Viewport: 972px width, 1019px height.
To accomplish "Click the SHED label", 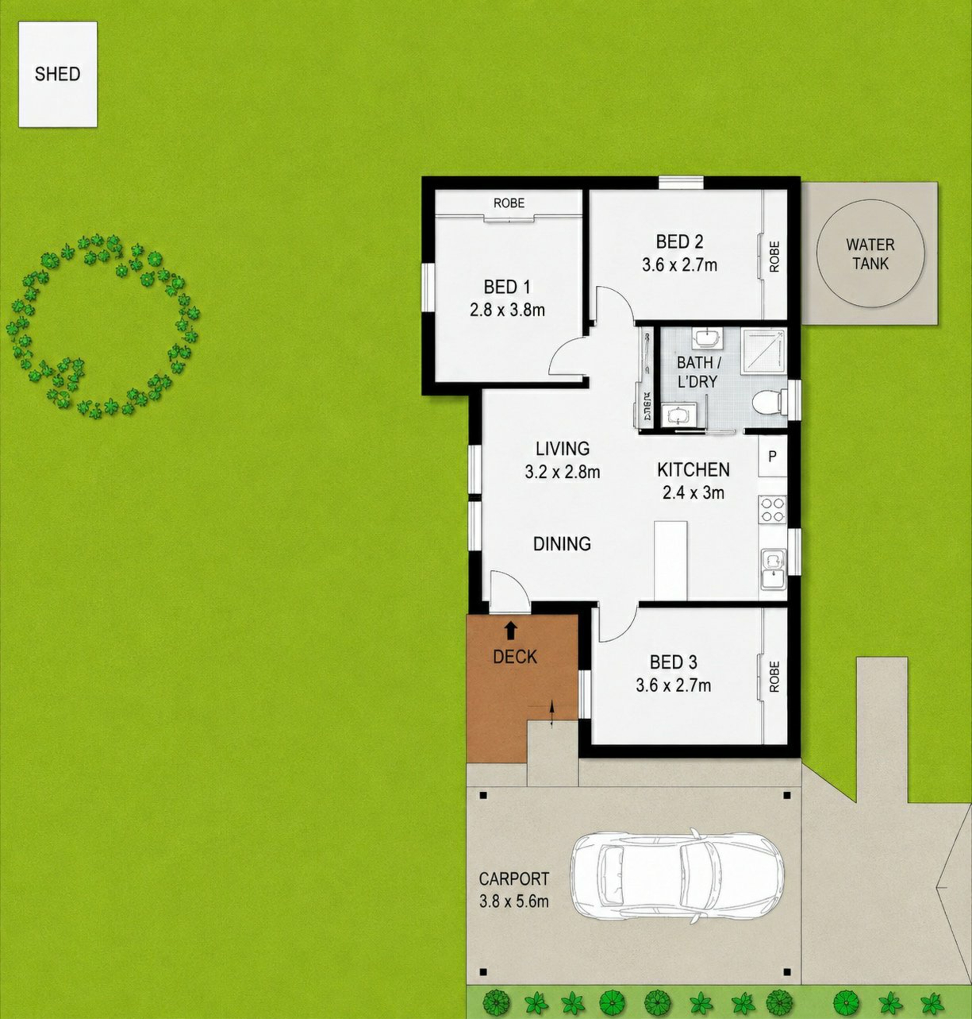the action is [x=58, y=74].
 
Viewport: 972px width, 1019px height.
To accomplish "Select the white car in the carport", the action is [x=676, y=876].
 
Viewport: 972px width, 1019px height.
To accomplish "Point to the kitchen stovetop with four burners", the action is [x=773, y=510].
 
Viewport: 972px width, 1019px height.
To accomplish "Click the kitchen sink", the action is [x=774, y=570].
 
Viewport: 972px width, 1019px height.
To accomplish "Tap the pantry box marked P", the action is [x=773, y=457].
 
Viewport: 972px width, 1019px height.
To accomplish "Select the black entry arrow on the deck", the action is [x=511, y=630].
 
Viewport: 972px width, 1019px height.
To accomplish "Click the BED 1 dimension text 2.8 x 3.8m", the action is [x=507, y=310].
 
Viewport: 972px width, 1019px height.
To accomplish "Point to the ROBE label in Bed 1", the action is [x=509, y=203].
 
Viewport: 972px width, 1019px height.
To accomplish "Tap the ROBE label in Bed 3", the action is [x=774, y=677].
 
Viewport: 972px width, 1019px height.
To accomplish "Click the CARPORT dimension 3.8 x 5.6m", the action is [x=513, y=902].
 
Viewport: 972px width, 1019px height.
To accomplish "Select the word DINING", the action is [x=562, y=544].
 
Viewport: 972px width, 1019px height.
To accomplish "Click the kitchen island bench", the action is [x=671, y=560].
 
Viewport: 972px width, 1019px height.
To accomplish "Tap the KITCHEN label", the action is [x=693, y=469].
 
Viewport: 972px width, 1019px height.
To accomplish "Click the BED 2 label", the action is [x=679, y=242].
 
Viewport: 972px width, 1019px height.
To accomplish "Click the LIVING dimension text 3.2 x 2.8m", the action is [x=562, y=472].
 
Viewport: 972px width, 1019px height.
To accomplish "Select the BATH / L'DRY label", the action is [x=698, y=372].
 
